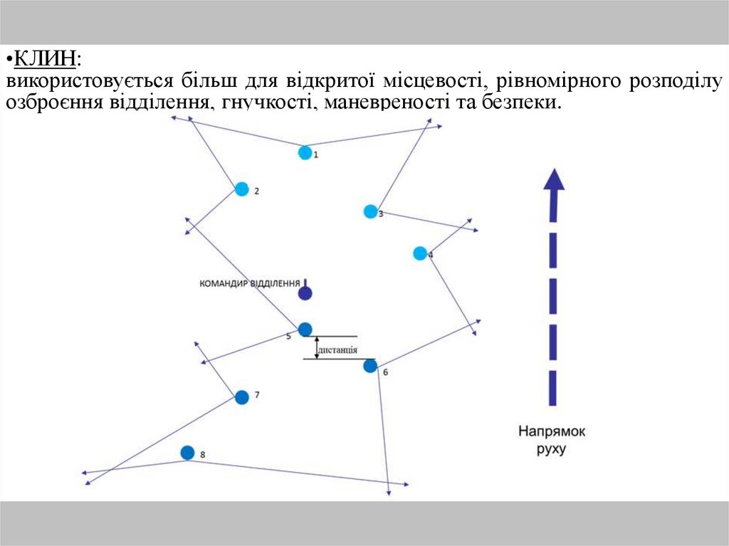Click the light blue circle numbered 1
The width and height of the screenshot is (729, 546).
coord(305,152)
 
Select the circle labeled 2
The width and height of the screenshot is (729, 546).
coord(242,189)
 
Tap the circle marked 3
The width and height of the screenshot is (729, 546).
coord(370,211)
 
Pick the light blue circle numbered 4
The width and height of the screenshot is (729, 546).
coord(420,253)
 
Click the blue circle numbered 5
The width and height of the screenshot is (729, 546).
coord(305,329)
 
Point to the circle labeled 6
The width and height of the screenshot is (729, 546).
coord(370,366)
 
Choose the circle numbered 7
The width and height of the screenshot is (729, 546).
coord(242,397)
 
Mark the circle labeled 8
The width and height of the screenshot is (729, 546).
coord(187,453)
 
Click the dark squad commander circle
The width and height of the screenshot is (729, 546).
coord(305,293)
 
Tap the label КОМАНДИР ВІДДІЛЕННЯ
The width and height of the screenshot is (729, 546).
coord(249,283)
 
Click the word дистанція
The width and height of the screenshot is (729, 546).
coord(337,350)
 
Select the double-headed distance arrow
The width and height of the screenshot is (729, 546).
coord(317,347)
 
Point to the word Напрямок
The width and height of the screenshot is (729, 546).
coord(552,431)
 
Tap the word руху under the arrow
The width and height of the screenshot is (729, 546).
coord(552,449)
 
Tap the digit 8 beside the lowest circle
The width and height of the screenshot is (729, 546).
coord(203,454)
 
